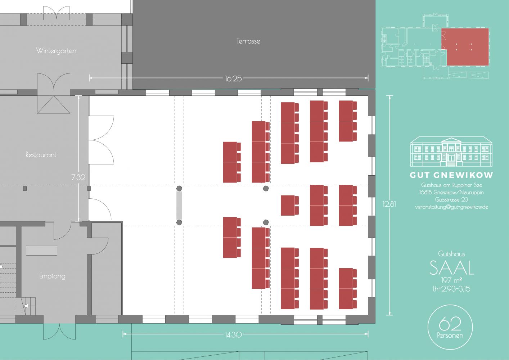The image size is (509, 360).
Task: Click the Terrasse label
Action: pos(248,41)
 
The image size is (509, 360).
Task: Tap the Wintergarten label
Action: pos(56,51)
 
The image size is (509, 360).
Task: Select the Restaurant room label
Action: pos(41,155)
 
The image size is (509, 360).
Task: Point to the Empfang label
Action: pos(52,276)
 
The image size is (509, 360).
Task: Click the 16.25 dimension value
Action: pos(233,78)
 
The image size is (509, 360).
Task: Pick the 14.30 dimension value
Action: pos(233,334)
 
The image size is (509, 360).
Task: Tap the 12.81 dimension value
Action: pos(389,204)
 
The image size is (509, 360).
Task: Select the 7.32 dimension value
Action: pos(78,177)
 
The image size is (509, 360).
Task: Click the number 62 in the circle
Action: pos(450,323)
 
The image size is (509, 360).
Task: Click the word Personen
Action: pos(450,336)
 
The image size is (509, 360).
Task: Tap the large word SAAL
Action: pos(451,268)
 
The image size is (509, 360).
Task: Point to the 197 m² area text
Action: pos(451,280)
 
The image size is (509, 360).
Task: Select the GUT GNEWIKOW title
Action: pos(451,175)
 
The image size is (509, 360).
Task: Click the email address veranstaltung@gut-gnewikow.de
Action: pos(451,207)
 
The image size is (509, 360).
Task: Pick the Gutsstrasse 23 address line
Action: pos(451,199)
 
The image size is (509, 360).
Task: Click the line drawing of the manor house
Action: pos(451,151)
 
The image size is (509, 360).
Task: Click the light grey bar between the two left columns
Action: pos(179,206)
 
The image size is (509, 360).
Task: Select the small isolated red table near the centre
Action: pos(290,205)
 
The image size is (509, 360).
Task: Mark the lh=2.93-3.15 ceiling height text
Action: pos(451,289)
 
